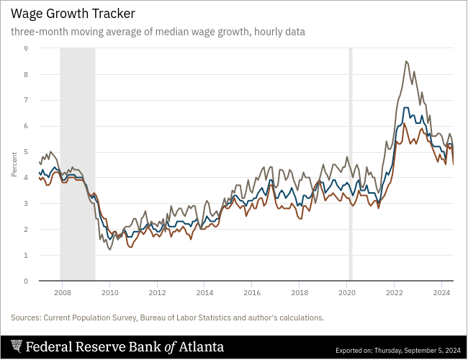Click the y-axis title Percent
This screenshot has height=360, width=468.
click(14, 164)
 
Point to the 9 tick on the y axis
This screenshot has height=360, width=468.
click(26, 48)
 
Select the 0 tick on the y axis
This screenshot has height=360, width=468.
click(26, 282)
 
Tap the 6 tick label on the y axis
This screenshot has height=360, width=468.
click(26, 126)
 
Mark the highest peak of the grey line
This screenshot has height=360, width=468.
click(407, 61)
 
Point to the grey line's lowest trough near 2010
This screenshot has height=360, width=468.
click(109, 249)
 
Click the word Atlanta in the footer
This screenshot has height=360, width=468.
click(202, 347)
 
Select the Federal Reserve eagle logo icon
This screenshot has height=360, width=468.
click(16, 347)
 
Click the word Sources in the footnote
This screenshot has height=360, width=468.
click(25, 318)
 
